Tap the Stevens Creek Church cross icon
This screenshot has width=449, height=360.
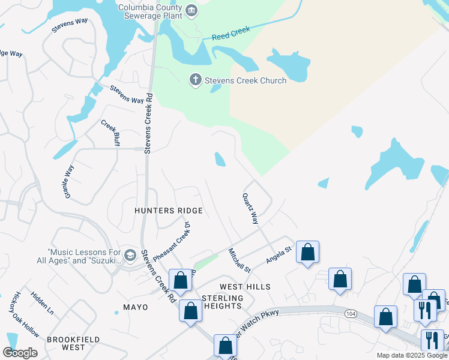[x=195, y=80]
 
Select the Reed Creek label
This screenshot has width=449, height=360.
[x=231, y=32]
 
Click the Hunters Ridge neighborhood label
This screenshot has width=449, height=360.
[x=169, y=211]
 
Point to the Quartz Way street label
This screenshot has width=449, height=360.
[x=250, y=209]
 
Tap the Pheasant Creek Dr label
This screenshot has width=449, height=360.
[x=171, y=241]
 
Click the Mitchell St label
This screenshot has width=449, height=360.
[x=238, y=260]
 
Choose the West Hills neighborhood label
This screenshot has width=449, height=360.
[x=245, y=287]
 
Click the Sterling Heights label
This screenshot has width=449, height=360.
[x=222, y=302]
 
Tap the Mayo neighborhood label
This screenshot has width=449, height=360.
[x=135, y=307]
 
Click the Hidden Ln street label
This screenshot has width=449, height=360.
[x=43, y=304]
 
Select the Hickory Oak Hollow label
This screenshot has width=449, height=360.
[x=24, y=315]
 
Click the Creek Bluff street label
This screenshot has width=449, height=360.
[x=110, y=133]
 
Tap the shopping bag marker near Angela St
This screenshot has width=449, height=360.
[x=307, y=252]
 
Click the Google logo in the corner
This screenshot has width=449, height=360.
[x=20, y=353]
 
